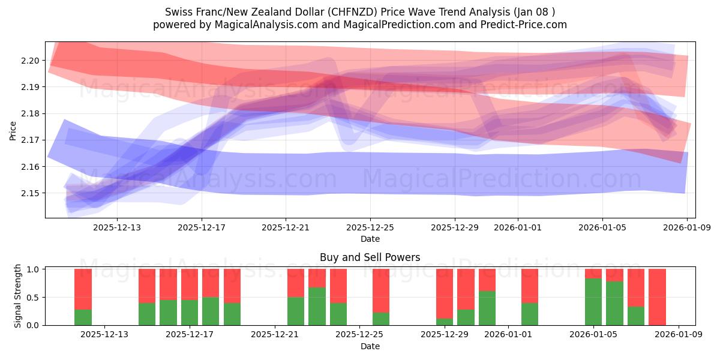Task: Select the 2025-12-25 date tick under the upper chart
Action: tap(370, 227)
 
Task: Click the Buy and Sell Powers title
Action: tap(370, 257)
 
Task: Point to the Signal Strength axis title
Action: tap(18, 295)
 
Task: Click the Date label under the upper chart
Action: tap(370, 239)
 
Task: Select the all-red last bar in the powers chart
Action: tap(657, 297)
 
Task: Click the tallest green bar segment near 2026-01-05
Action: tap(593, 302)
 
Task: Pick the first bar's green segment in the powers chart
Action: tap(83, 317)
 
